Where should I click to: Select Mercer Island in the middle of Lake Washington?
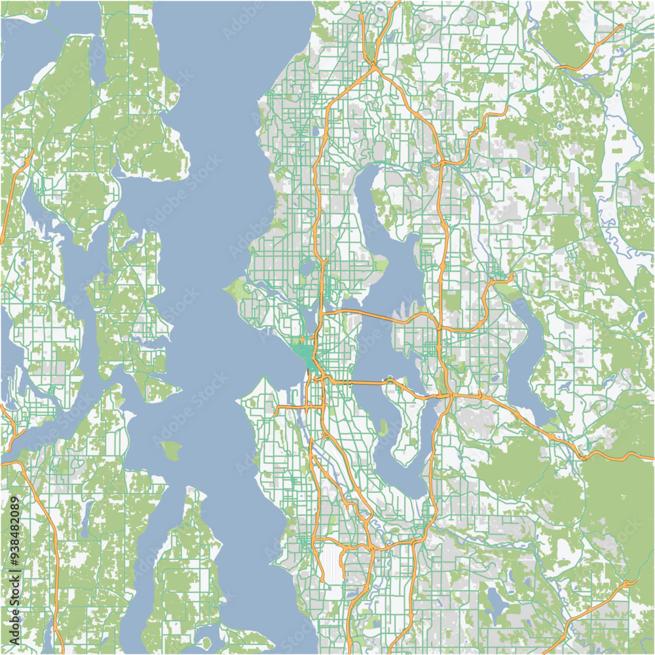pyautogui.click(x=403, y=419)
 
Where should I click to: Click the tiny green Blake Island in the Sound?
pyautogui.click(x=171, y=450)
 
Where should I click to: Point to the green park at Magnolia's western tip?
pyautogui.click(x=236, y=288)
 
